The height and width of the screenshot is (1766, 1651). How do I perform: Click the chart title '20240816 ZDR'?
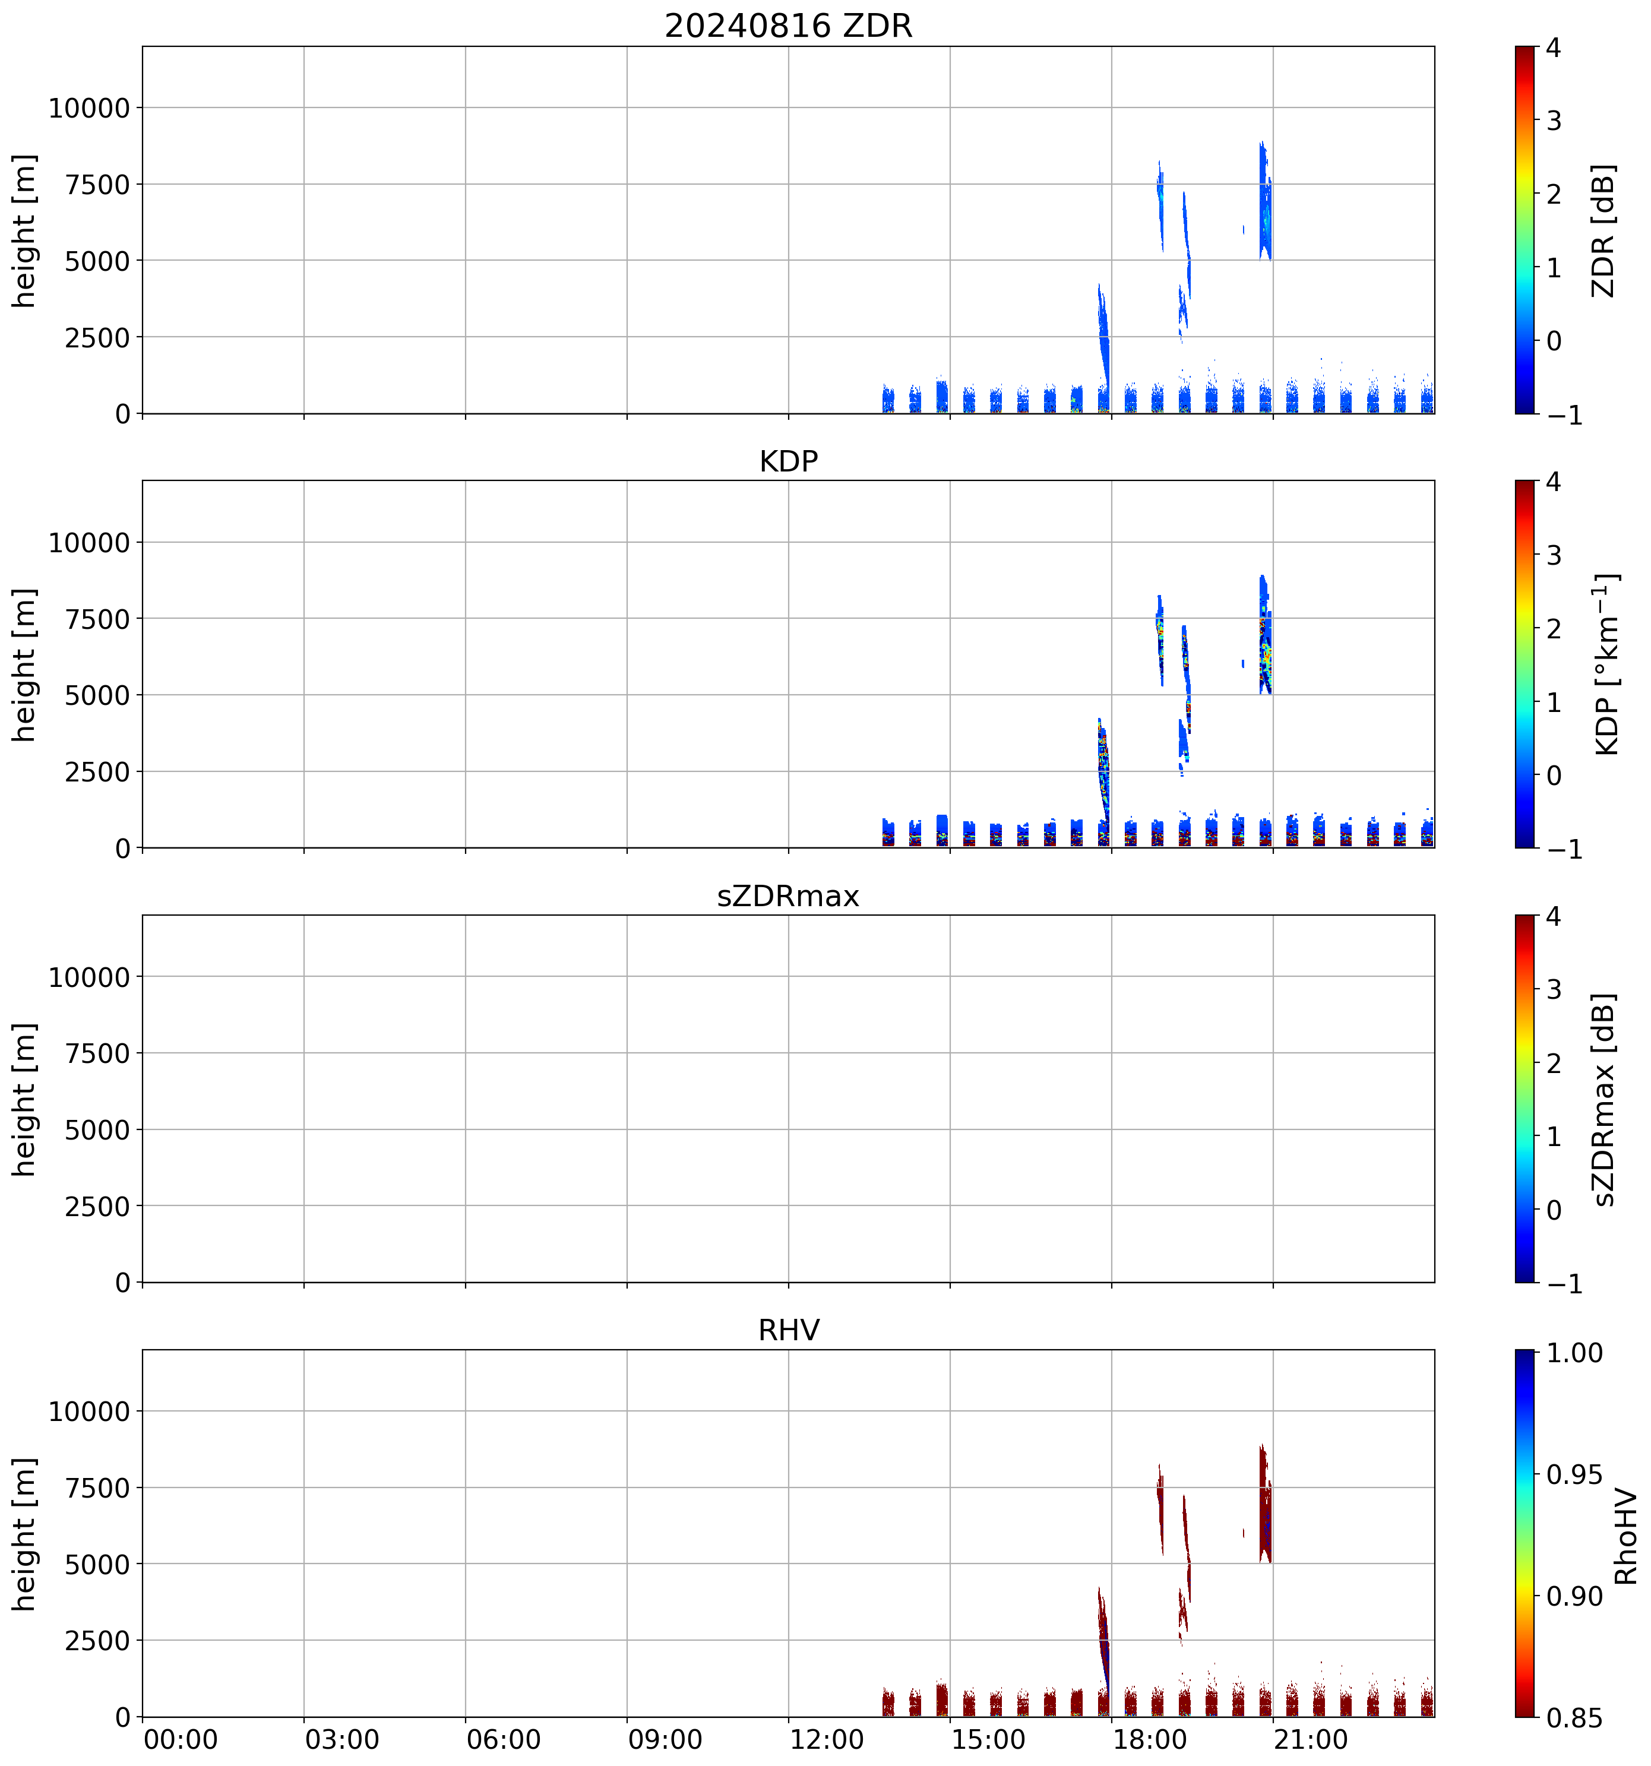click(788, 26)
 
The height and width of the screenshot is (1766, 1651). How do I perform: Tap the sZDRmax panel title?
click(788, 896)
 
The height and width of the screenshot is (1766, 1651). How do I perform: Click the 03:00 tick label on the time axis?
click(342, 1739)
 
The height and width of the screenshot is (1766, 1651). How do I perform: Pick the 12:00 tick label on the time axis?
click(826, 1739)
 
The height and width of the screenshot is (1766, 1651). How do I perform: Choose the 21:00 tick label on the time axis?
click(1311, 1739)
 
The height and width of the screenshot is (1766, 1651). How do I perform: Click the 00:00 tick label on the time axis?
click(181, 1739)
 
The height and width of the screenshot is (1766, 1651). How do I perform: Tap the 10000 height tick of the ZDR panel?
click(90, 109)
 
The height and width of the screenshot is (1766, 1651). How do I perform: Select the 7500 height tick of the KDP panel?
click(98, 619)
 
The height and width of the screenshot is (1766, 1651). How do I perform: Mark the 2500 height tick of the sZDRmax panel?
click(98, 1207)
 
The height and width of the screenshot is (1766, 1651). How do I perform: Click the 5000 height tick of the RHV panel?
click(98, 1564)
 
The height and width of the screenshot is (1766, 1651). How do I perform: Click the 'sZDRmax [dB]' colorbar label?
click(1603, 1099)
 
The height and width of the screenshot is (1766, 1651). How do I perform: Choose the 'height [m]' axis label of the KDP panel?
click(24, 664)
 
